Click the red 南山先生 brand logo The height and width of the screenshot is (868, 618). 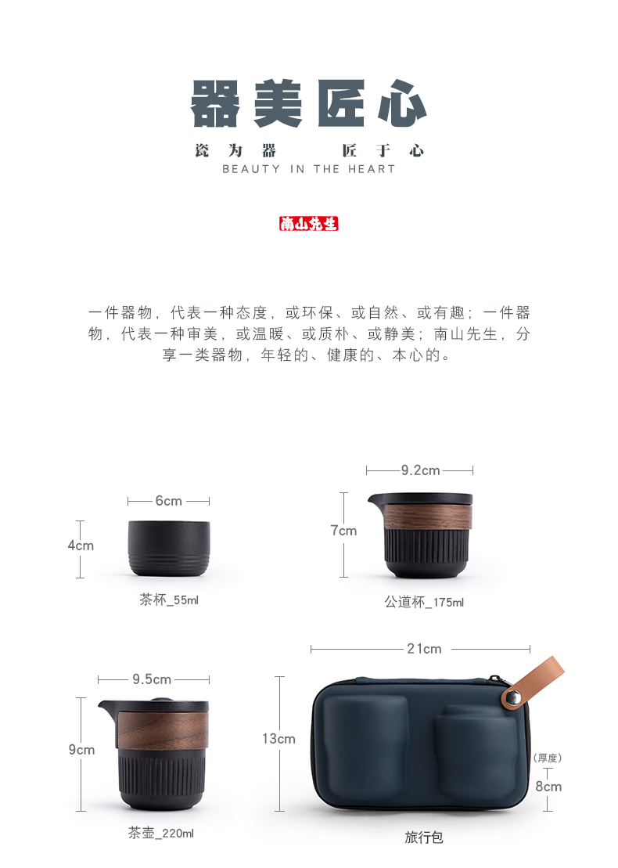tap(309, 224)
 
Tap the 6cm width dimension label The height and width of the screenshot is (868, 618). tap(169, 501)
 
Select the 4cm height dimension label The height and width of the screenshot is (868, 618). tap(81, 546)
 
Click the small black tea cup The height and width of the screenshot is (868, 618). tap(169, 548)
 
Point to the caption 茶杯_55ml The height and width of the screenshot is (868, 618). tap(169, 600)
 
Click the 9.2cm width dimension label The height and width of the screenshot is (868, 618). tap(421, 470)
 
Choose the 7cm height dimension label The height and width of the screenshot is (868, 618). tap(343, 531)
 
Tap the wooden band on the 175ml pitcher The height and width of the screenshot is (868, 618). tap(428, 517)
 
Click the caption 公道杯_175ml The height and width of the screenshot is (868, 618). tap(424, 602)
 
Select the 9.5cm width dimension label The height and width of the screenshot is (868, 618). tap(152, 679)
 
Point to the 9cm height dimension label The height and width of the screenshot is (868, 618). tap(81, 750)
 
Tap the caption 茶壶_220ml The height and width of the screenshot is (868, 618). tap(161, 833)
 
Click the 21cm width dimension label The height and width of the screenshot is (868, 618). tap(424, 649)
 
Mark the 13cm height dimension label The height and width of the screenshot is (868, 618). tap(278, 739)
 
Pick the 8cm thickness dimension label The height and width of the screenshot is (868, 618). tap(548, 787)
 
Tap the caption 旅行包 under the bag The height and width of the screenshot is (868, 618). tap(424, 837)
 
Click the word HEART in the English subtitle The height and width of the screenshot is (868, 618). tap(372, 169)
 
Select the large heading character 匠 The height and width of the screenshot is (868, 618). tap(341, 103)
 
